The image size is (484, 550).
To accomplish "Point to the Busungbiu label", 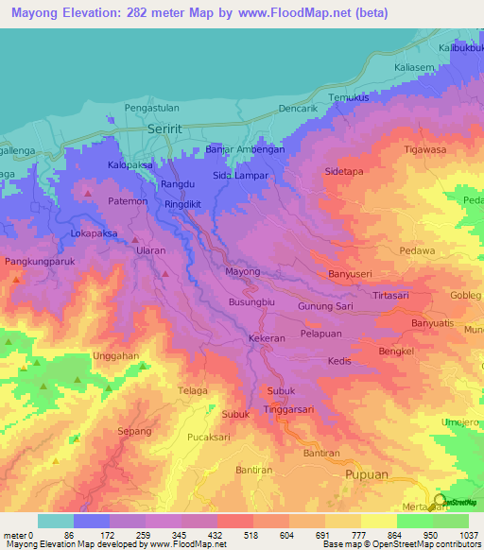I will pos(251,302).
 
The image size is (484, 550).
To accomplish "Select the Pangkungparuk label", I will pos(38,260).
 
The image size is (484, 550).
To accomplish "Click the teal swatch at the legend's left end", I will pos(56,521).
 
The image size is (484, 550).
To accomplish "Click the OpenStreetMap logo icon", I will pos(441,501).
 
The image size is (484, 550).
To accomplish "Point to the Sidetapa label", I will pos(344,173).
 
